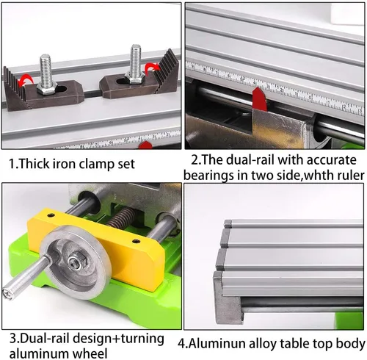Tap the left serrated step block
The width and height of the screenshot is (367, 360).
[15, 90]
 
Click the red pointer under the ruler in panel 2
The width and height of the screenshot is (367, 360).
[260, 98]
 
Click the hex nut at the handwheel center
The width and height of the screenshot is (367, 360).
[74, 262]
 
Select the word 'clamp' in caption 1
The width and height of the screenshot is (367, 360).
[97, 164]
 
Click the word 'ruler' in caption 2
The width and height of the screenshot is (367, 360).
[350, 176]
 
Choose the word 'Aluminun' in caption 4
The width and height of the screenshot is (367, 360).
[217, 344]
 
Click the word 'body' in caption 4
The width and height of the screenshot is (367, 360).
[351, 344]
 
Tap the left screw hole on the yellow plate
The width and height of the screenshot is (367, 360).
[51, 215]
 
